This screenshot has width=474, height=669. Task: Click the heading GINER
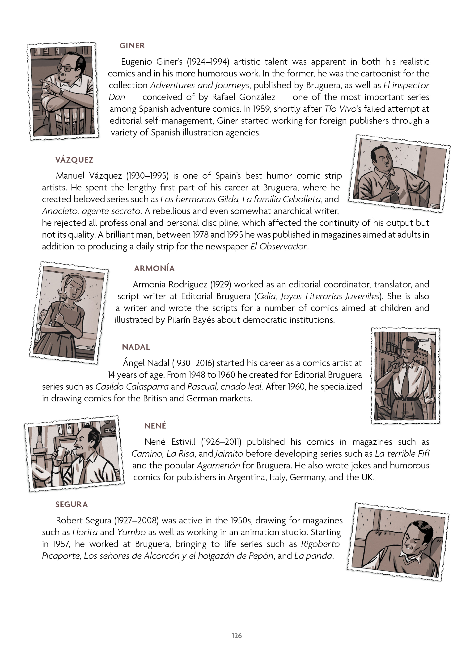coord(132,46)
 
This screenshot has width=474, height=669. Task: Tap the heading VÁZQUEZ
coord(74,160)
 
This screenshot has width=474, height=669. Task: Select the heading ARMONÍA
coord(154,268)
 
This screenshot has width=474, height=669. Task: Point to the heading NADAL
coord(136,347)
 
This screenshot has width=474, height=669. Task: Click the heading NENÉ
coord(155,426)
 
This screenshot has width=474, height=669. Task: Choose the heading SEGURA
coord(72,505)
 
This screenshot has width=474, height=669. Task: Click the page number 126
coord(237,644)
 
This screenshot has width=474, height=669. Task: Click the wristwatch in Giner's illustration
coord(62,91)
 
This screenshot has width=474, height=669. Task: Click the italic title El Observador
coord(279,247)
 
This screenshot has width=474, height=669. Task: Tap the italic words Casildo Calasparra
coord(132,387)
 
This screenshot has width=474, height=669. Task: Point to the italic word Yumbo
coord(131,532)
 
